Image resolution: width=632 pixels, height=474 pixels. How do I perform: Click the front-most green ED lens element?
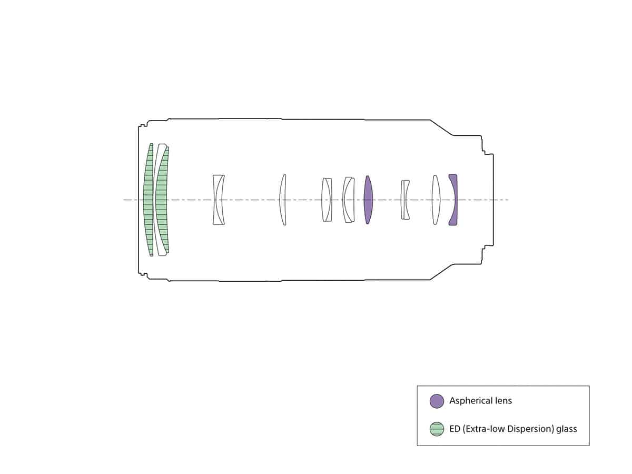[149, 200]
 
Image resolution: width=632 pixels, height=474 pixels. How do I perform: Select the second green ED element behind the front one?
[162, 200]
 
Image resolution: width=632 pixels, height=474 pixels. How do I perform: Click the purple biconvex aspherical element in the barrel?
[368, 200]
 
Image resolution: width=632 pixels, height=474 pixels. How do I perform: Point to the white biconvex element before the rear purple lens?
[436, 200]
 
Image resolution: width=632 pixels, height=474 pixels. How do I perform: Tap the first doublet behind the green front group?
[218, 200]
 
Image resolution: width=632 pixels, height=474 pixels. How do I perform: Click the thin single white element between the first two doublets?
[282, 200]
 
